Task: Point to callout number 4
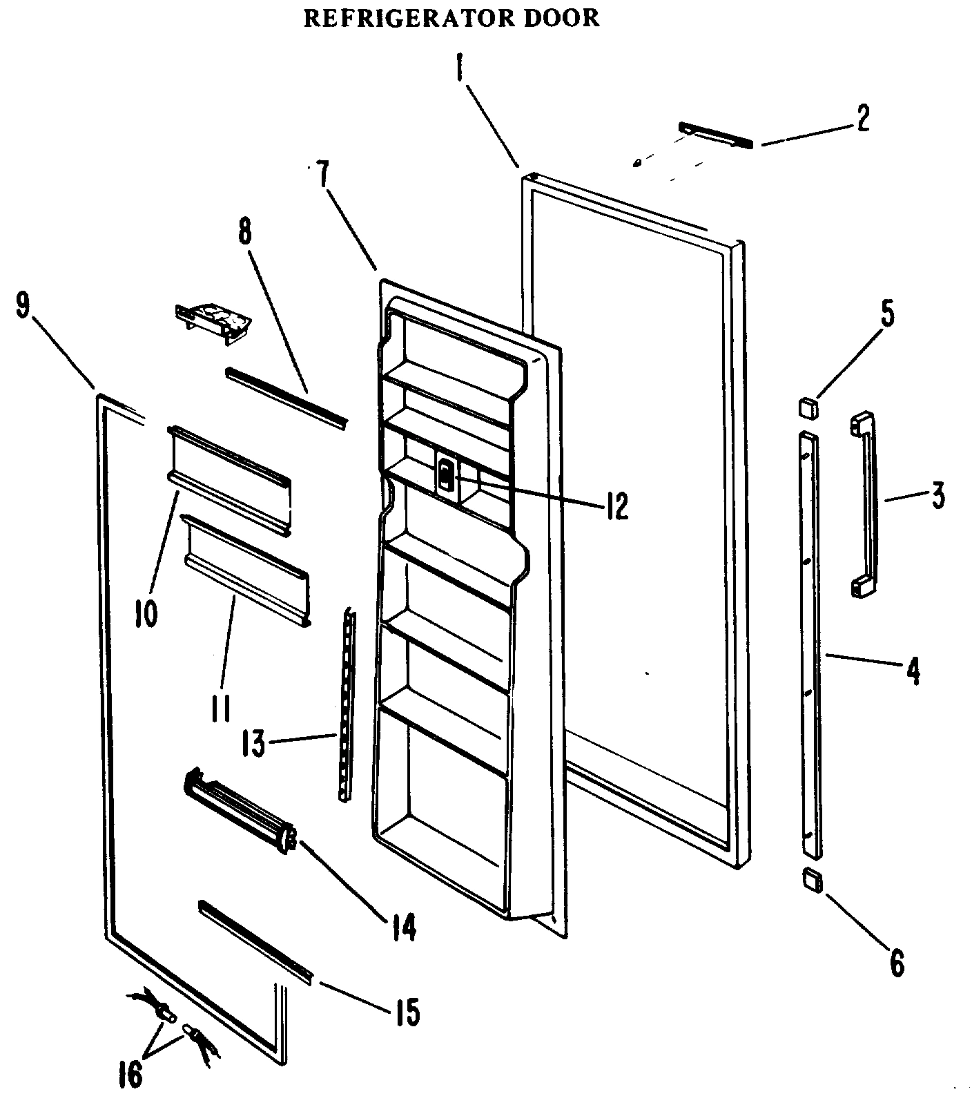tap(913, 671)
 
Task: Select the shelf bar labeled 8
tap(286, 396)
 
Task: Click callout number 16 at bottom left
tap(130, 1075)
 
